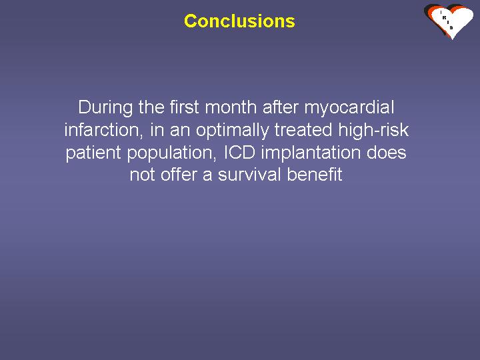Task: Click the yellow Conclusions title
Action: pos(239,21)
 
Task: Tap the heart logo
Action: pos(449,21)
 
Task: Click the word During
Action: pos(105,107)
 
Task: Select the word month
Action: pos(231,107)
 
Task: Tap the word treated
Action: pos(303,130)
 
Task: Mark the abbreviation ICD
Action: pos(240,152)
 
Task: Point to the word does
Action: pos(386,152)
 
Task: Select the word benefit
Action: pos(315,175)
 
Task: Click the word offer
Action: pos(179,175)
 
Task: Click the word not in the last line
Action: pos(142,175)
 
